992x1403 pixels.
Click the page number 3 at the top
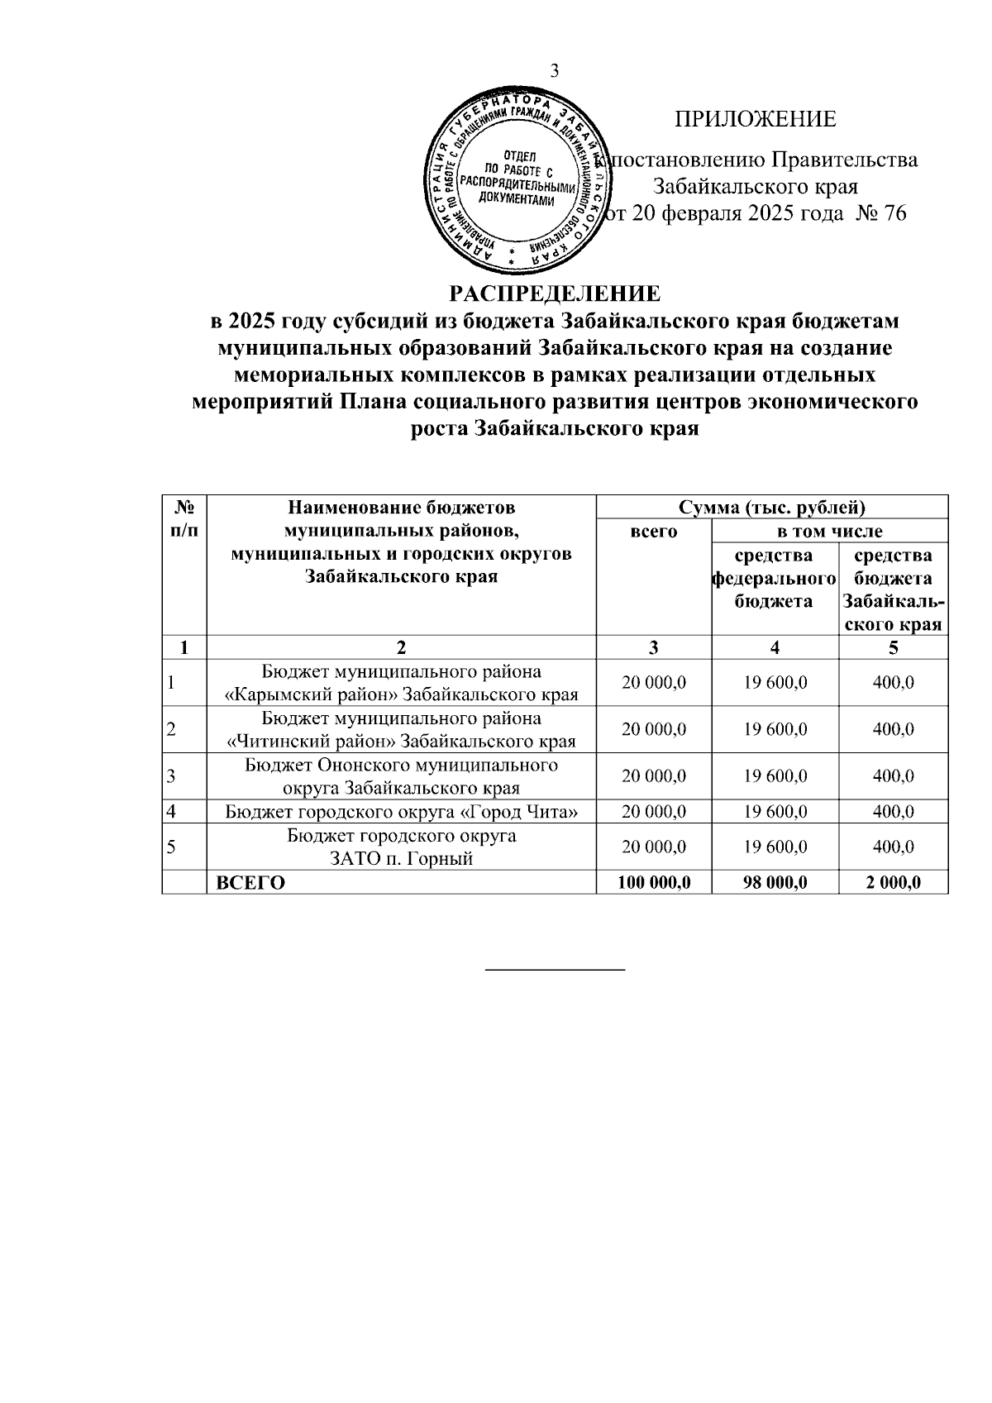[556, 71]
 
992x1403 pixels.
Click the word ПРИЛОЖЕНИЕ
[755, 119]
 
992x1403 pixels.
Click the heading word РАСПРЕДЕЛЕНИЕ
[555, 293]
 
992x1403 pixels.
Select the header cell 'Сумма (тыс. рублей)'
[771, 507]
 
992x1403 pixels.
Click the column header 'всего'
[653, 532]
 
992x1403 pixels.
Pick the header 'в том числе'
[829, 531]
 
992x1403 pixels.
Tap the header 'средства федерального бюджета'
[774, 578]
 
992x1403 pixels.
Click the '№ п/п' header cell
[184, 518]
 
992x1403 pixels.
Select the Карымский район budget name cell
[401, 683]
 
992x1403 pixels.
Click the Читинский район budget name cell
[401, 729]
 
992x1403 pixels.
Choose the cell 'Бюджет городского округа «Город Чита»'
[401, 811]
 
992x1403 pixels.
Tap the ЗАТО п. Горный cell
[401, 847]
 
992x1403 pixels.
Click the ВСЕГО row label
[250, 882]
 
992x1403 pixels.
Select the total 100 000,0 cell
[653, 882]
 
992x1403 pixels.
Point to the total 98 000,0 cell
[775, 882]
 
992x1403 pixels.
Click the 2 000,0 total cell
[893, 882]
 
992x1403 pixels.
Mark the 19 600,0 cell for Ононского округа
[775, 776]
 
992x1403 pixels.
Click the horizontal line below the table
[555, 968]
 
